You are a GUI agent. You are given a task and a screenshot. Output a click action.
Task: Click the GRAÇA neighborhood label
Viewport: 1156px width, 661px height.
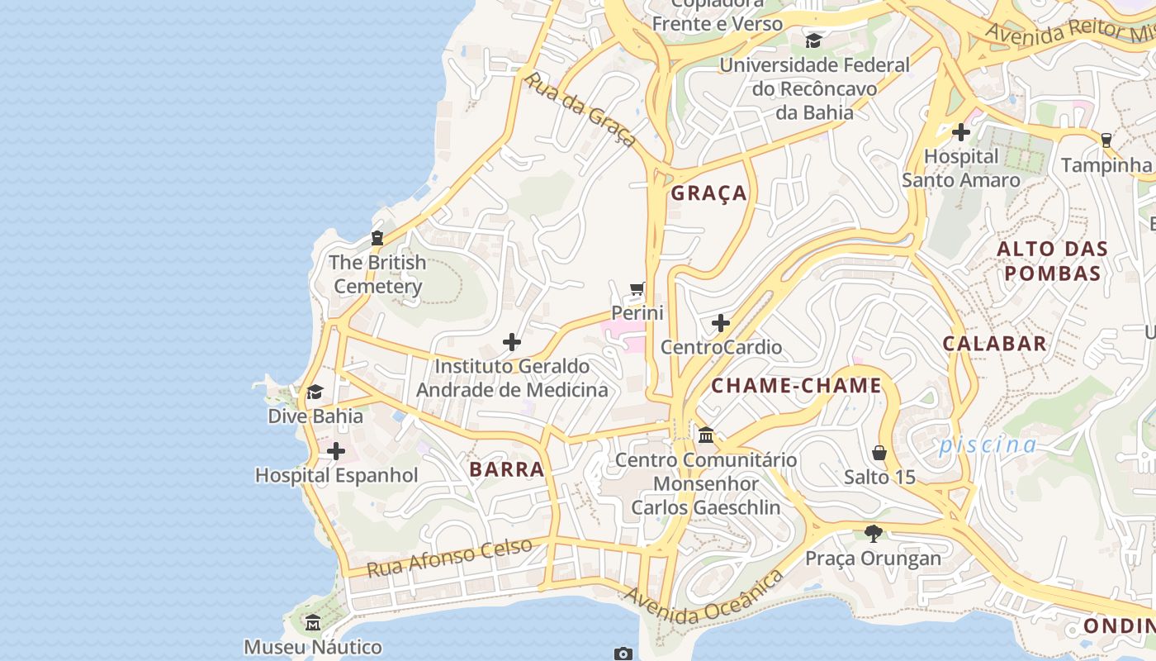pyautogui.click(x=708, y=193)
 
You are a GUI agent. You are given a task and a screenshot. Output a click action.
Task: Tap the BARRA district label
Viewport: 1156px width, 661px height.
pyautogui.click(x=507, y=469)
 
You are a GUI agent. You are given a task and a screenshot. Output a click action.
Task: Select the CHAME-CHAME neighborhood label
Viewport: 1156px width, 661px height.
pyautogui.click(x=797, y=386)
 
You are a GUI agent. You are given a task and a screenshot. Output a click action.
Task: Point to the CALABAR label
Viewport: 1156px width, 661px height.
pyautogui.click(x=995, y=344)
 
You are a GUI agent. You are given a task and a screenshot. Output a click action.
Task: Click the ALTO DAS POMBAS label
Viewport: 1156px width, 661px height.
pyautogui.click(x=1052, y=261)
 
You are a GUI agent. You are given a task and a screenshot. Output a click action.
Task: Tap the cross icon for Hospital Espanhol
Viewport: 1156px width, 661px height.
pyautogui.click(x=336, y=451)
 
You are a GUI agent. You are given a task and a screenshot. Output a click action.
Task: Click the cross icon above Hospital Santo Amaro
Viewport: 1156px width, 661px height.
pyautogui.click(x=960, y=131)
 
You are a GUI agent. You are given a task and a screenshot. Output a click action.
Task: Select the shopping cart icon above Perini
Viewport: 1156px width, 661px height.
pyautogui.click(x=637, y=289)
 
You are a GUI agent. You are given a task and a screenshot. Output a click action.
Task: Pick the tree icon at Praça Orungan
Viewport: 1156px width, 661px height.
pyautogui.click(x=873, y=534)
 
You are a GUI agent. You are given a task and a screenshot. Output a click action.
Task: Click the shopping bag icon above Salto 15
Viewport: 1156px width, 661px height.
pyautogui.click(x=879, y=453)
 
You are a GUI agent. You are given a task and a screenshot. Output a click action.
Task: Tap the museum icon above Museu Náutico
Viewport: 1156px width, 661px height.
pyautogui.click(x=312, y=622)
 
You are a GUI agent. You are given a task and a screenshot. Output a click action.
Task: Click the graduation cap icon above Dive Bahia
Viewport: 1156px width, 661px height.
pyautogui.click(x=315, y=392)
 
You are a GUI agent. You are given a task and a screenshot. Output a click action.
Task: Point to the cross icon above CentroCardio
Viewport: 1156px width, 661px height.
pyautogui.click(x=721, y=322)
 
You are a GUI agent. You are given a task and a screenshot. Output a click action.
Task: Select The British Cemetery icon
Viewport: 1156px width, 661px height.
pyautogui.click(x=377, y=238)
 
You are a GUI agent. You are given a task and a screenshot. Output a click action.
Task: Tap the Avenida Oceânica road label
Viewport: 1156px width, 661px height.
pyautogui.click(x=704, y=597)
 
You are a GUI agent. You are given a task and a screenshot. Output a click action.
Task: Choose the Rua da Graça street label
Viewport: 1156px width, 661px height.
pyautogui.click(x=581, y=110)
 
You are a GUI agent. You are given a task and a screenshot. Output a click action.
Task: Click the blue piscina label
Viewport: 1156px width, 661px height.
pyautogui.click(x=988, y=445)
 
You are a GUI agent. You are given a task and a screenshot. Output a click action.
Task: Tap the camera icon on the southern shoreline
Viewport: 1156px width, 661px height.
pyautogui.click(x=623, y=654)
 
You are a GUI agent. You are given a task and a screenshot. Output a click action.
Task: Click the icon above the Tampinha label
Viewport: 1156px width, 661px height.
pyautogui.click(x=1106, y=140)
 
